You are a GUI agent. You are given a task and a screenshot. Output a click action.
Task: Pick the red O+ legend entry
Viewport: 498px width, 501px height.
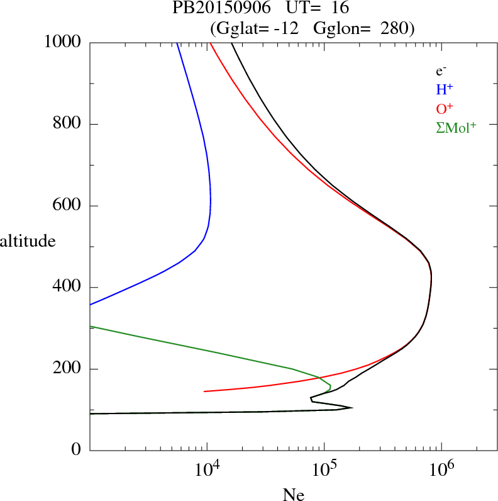[x=445, y=108]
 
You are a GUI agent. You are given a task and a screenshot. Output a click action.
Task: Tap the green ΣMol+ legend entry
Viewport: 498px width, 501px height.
[x=456, y=127]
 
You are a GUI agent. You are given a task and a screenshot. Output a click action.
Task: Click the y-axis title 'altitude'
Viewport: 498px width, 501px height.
[x=28, y=240]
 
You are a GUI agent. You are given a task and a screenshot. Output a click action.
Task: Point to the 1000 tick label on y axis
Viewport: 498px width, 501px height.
[x=64, y=42]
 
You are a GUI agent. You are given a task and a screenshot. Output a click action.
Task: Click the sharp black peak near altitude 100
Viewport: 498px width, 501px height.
[x=351, y=408]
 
